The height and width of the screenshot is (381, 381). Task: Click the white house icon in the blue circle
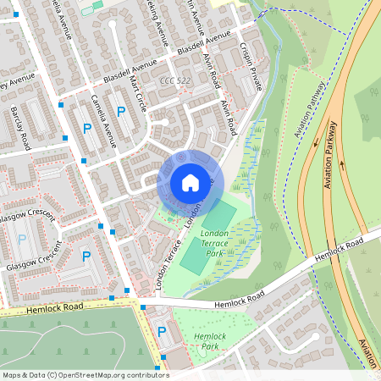pyautogui.click(x=190, y=182)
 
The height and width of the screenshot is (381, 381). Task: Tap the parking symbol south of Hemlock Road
pyautogui.click(x=162, y=332)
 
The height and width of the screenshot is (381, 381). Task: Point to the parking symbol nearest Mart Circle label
pyautogui.click(x=121, y=111)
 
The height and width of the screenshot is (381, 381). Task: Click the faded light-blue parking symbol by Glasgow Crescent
pyautogui.click(x=22, y=240)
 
